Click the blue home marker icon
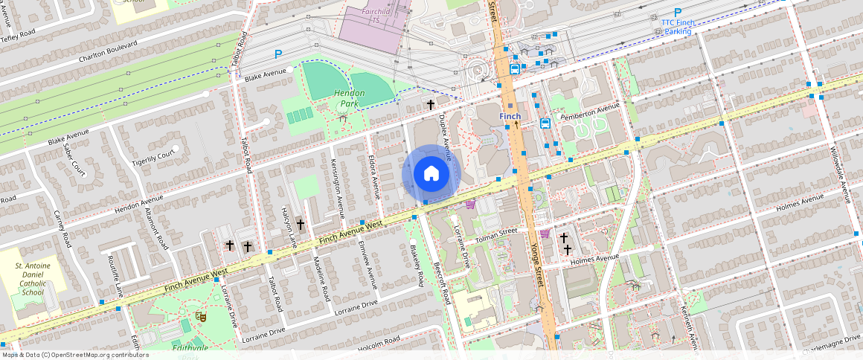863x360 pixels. [431, 174]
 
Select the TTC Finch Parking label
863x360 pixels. [677, 28]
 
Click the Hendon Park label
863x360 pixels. [348, 98]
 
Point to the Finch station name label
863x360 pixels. [510, 117]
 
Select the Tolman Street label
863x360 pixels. [496, 234]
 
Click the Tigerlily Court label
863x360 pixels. [153, 158]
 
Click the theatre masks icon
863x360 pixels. [199, 316]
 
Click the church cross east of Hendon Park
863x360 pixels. [430, 106]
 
